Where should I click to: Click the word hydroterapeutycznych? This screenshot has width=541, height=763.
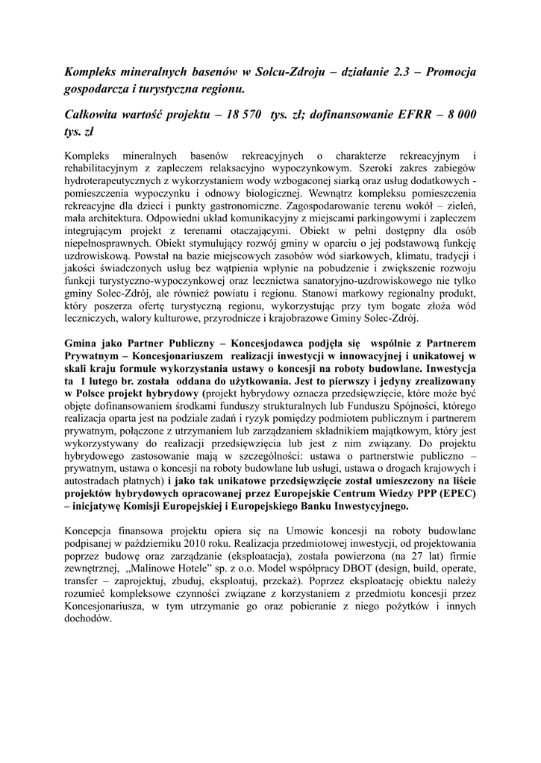click(x=116, y=182)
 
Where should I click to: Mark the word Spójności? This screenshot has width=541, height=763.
click(x=410, y=408)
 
